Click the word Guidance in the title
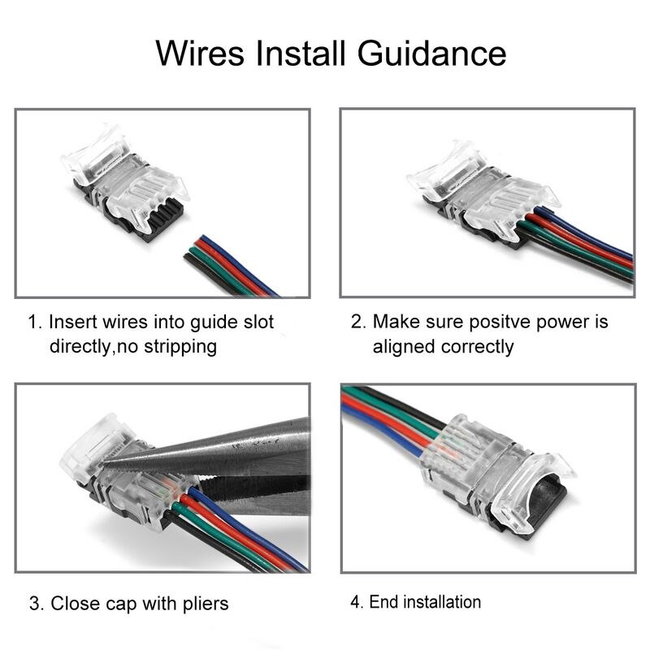click(431, 54)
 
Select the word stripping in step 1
click(180, 346)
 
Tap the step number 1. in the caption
click(35, 323)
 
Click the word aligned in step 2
click(403, 346)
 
